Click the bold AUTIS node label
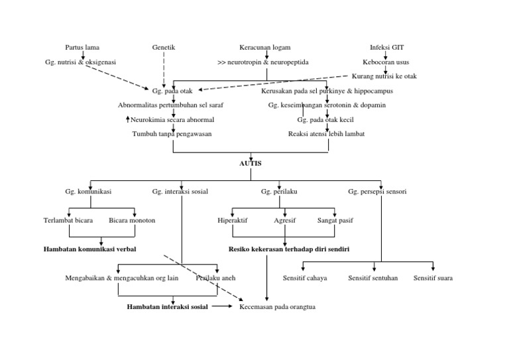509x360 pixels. coord(250,162)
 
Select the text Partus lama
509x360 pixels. coord(82,48)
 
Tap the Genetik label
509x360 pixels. coord(164,48)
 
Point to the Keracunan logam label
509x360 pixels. coord(265,48)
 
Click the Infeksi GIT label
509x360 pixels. coord(386,48)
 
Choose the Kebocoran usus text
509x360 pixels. coord(386,62)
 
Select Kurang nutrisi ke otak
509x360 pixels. coord(385,77)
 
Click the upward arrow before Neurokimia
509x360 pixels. coord(128,119)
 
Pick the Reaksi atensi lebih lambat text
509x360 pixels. coord(326,134)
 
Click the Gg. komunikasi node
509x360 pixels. coord(88,192)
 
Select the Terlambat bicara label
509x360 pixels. coord(68,220)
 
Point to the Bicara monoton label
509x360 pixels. coord(132,220)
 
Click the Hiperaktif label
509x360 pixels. coord(233,220)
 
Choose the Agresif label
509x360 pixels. coord(284,220)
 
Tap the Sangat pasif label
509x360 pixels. coord(335,220)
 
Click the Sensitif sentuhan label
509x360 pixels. coord(373,278)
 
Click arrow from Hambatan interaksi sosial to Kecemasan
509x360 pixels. coord(223,307)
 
